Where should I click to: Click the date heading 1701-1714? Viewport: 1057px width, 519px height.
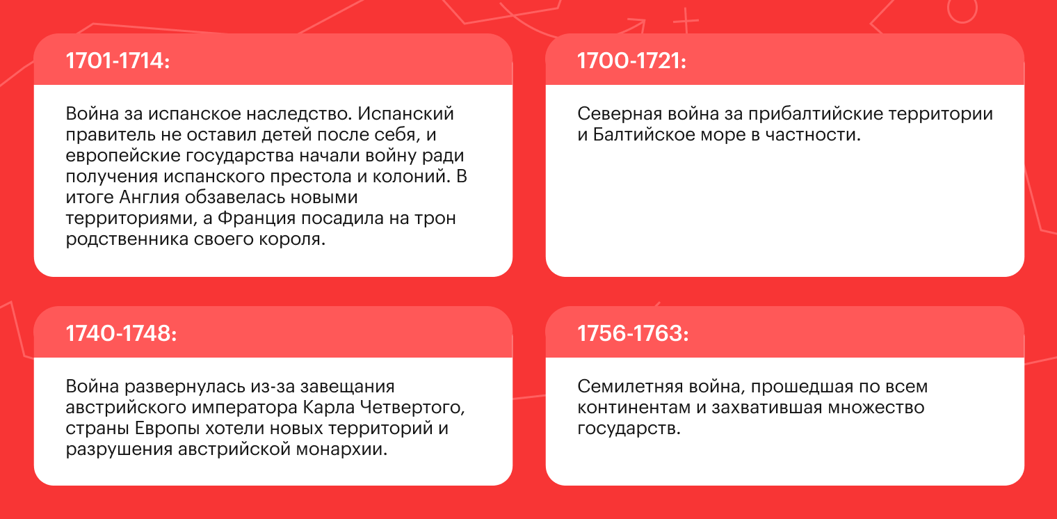coord(118,61)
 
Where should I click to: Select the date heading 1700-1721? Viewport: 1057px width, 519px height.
coord(631,61)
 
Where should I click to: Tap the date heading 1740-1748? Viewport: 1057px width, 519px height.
coord(121,333)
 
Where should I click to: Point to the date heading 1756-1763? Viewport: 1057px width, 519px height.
coord(633,333)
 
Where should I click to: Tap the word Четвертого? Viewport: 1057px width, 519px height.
coord(412,408)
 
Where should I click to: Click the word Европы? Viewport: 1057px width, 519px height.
coord(167,429)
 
